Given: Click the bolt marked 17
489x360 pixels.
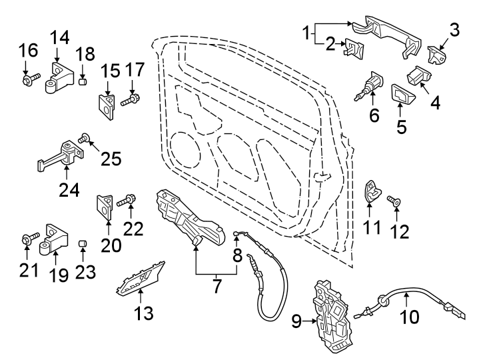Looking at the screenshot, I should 131,101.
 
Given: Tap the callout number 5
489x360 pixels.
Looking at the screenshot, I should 402,126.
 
